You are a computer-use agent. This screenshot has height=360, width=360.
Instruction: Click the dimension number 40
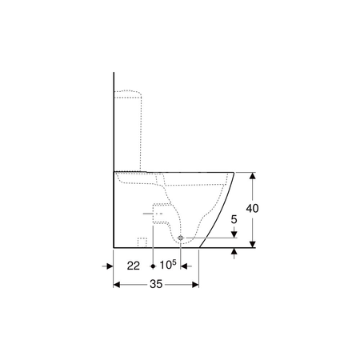pyautogui.click(x=252, y=208)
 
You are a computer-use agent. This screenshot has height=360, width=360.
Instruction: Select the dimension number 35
pyautogui.click(x=156, y=284)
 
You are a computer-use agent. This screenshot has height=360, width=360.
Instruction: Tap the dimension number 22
pyautogui.click(x=134, y=266)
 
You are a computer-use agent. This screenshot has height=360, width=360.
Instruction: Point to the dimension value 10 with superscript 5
pyautogui.click(x=168, y=265)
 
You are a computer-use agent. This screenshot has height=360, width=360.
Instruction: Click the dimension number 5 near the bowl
pyautogui.click(x=234, y=219)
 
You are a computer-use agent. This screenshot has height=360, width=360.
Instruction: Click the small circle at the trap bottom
pyautogui.click(x=181, y=238)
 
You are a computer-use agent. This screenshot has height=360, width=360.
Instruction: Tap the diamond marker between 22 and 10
pyautogui.click(x=153, y=266)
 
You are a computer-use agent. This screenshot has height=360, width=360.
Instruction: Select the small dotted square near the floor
pyautogui.click(x=142, y=242)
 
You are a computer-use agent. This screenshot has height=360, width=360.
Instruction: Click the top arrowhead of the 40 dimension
pyautogui.click(x=252, y=175)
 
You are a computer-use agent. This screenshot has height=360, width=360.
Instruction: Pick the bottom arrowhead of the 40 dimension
pyautogui.click(x=252, y=245)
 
